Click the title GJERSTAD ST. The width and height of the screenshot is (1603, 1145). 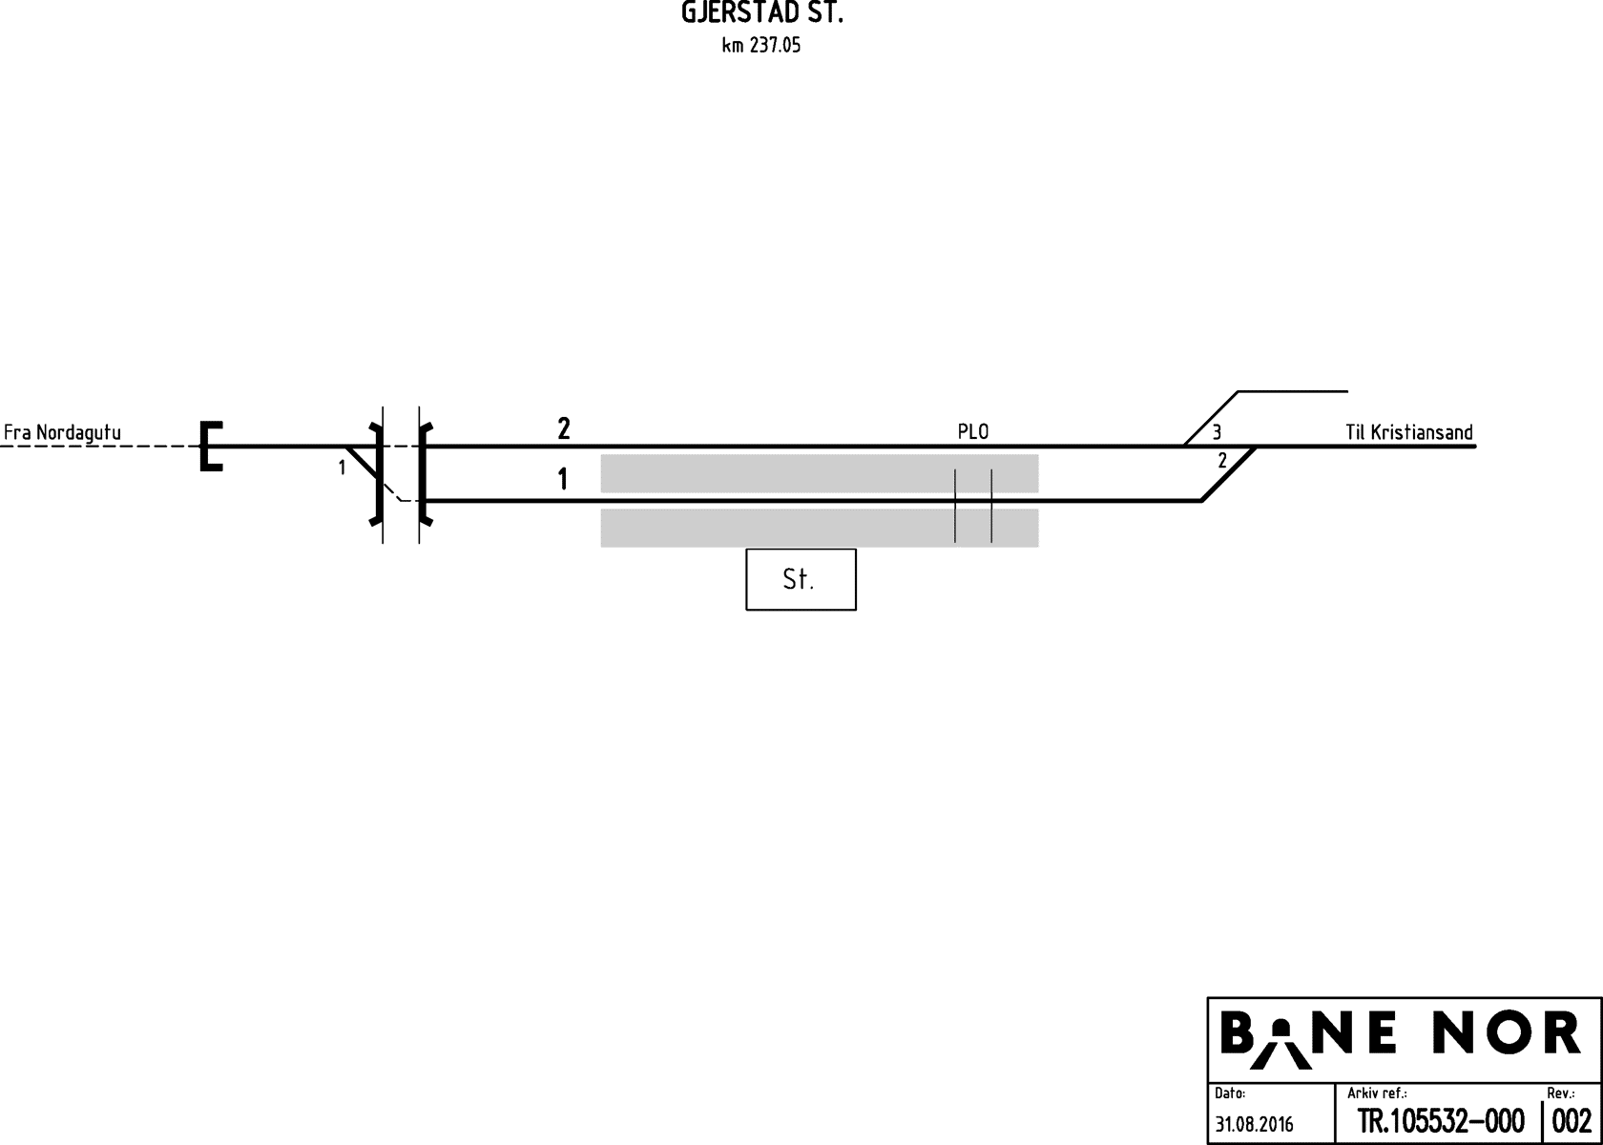pos(762,13)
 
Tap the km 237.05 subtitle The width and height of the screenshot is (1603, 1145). pos(761,46)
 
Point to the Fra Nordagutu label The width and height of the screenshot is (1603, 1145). pos(62,432)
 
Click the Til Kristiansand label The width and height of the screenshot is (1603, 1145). pos(1409,432)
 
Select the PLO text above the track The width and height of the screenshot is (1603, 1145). pos(973,431)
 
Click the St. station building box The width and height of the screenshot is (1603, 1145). pos(801,580)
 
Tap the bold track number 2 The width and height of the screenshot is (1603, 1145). pos(564,428)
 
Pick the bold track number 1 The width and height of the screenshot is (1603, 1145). pos(563,479)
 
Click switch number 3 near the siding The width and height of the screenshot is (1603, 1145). pos(1217,432)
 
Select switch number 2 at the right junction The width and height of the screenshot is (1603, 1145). pos(1222,461)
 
